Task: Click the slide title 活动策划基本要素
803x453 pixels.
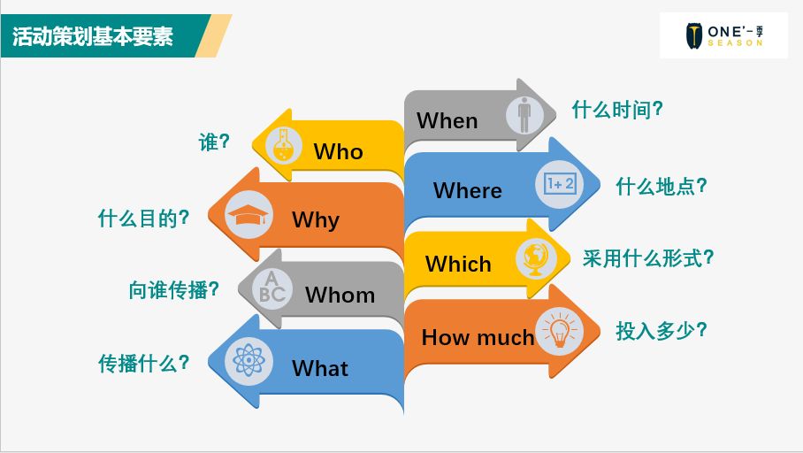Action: coord(93,37)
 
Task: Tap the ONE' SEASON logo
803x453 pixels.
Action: coord(723,36)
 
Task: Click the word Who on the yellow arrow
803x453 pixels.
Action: coord(338,151)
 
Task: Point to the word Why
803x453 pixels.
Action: coord(316,219)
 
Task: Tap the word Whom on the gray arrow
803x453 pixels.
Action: coord(340,295)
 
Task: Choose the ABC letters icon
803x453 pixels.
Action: coord(272,288)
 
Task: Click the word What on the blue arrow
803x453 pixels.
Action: coord(320,367)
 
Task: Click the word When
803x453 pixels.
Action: coord(447,120)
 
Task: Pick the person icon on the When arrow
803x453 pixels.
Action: coord(525,115)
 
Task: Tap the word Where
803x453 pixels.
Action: coord(467,190)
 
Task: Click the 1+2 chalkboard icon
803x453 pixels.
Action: coord(560,184)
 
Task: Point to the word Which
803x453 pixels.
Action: coord(458,264)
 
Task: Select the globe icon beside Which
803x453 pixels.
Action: coord(537,258)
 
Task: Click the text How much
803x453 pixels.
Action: coord(478,337)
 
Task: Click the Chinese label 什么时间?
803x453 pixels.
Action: coord(617,111)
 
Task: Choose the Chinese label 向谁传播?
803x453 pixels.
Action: coord(173,289)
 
